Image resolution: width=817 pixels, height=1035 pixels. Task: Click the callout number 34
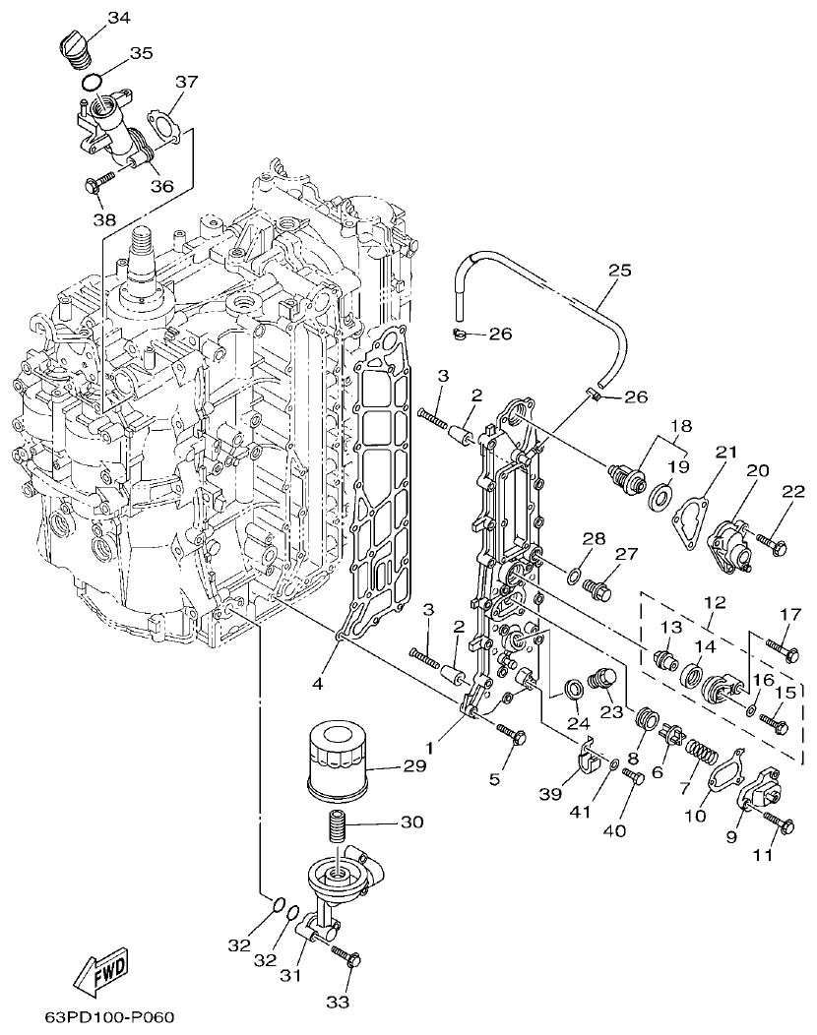(x=118, y=19)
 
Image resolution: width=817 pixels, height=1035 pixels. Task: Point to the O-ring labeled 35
(x=92, y=80)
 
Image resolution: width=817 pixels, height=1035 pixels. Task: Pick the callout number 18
(x=680, y=426)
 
